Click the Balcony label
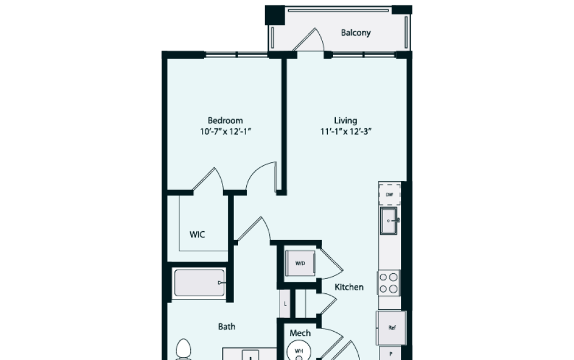(355, 33)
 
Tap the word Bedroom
(225, 121)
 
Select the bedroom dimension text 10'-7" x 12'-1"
(225, 131)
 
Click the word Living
(346, 121)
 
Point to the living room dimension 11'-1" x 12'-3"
(346, 131)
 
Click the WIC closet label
(197, 235)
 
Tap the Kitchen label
(349, 287)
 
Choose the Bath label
(227, 327)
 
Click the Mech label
(300, 333)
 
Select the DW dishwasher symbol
(389, 195)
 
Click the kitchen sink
(389, 221)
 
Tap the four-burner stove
(389, 282)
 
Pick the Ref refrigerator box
(392, 328)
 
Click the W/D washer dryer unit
(300, 263)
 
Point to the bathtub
(199, 283)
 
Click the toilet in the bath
(183, 350)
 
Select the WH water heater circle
(299, 350)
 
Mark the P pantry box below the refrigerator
(392, 353)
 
